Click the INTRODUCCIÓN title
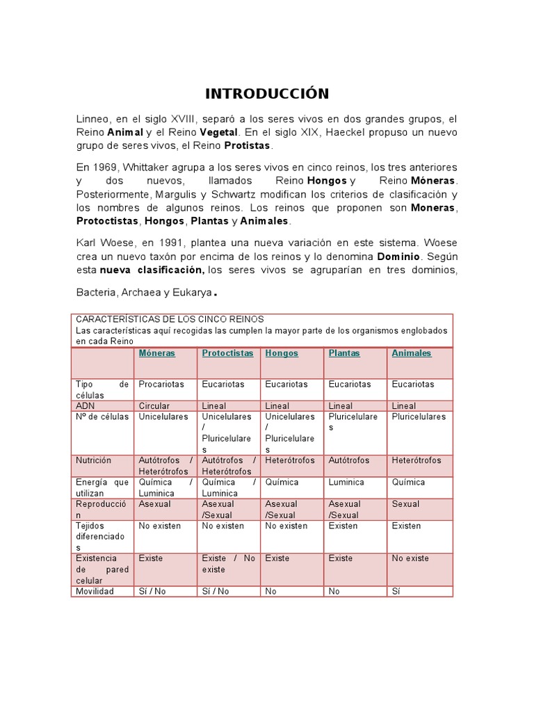pos(266,94)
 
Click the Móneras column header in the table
pos(157,353)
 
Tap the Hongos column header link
pos(282,353)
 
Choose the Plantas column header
pos(344,353)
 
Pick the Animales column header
pos(412,353)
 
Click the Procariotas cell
pos(161,384)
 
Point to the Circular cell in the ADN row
pos(154,406)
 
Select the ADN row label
pos(85,406)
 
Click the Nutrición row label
pos(93,460)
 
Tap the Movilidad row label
pos(95,591)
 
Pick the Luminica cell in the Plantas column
pos(346,482)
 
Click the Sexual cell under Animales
pos(405,503)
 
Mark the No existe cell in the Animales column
pos(410,558)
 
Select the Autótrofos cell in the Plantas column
pos(349,460)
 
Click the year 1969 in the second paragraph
pos(102,168)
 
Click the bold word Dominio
pos(398,257)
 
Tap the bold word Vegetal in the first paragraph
pos(218,132)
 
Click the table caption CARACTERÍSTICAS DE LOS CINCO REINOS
pos(170,319)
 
